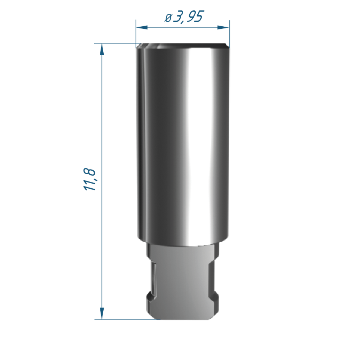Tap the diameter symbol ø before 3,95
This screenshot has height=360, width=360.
click(168, 18)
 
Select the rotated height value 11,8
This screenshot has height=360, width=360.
click(89, 179)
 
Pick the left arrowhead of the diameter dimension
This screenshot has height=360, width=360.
click(141, 28)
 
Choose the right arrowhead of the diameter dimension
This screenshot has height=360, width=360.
click(223, 28)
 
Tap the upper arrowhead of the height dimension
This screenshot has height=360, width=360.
click(102, 49)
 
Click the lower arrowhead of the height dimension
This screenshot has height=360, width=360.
click(102, 314)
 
